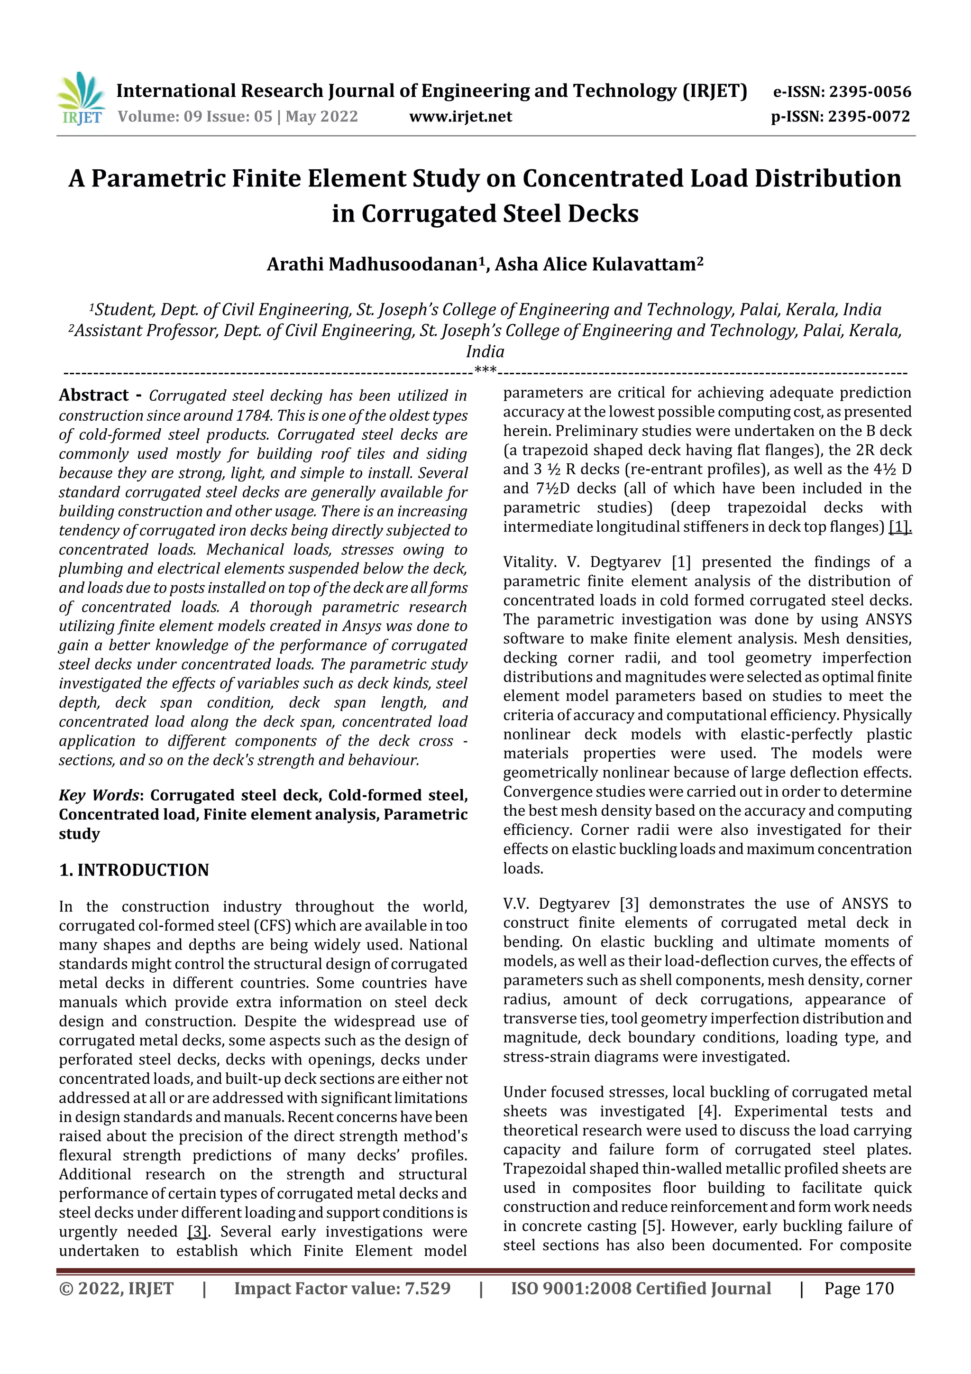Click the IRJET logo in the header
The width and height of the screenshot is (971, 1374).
click(x=81, y=99)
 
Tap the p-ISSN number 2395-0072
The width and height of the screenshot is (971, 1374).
click(x=869, y=117)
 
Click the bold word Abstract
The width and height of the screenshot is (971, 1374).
click(x=94, y=396)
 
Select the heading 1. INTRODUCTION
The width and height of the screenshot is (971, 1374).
click(x=134, y=870)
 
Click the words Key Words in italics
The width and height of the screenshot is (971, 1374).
click(x=99, y=795)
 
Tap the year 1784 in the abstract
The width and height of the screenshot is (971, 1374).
click(x=255, y=415)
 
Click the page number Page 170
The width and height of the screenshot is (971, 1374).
click(x=859, y=1289)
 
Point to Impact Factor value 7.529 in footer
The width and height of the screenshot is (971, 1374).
click(x=342, y=1289)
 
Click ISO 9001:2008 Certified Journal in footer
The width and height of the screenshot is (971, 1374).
click(x=641, y=1289)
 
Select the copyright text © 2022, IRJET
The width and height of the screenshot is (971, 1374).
click(x=116, y=1289)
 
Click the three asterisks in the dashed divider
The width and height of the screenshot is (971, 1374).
click(x=485, y=370)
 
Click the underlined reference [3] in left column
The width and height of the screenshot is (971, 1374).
click(x=197, y=1232)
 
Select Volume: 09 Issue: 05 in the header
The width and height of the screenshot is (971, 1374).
click(x=195, y=117)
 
